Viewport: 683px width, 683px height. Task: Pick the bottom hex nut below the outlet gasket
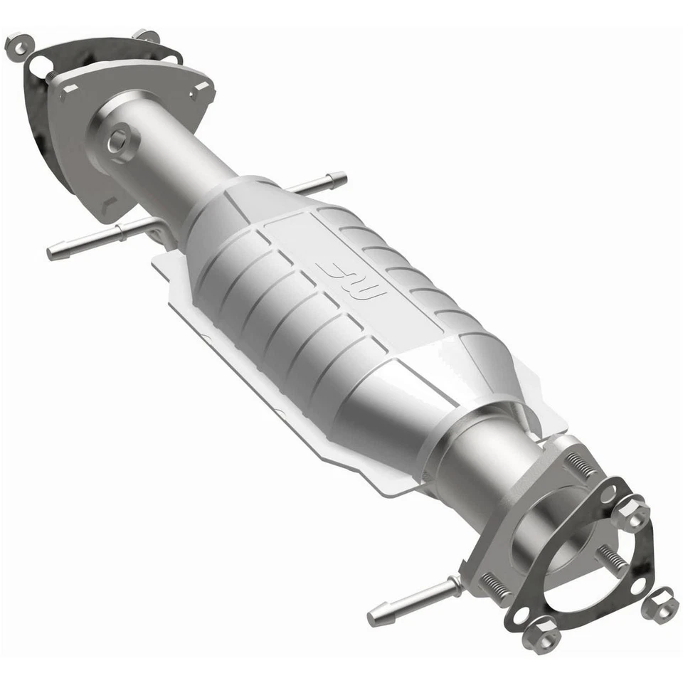click(x=541, y=632)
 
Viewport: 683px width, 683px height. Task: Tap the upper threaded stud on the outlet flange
click(x=582, y=466)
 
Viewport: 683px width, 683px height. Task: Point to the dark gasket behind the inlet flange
click(x=43, y=121)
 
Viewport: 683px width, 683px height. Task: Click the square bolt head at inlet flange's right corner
click(x=201, y=88)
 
